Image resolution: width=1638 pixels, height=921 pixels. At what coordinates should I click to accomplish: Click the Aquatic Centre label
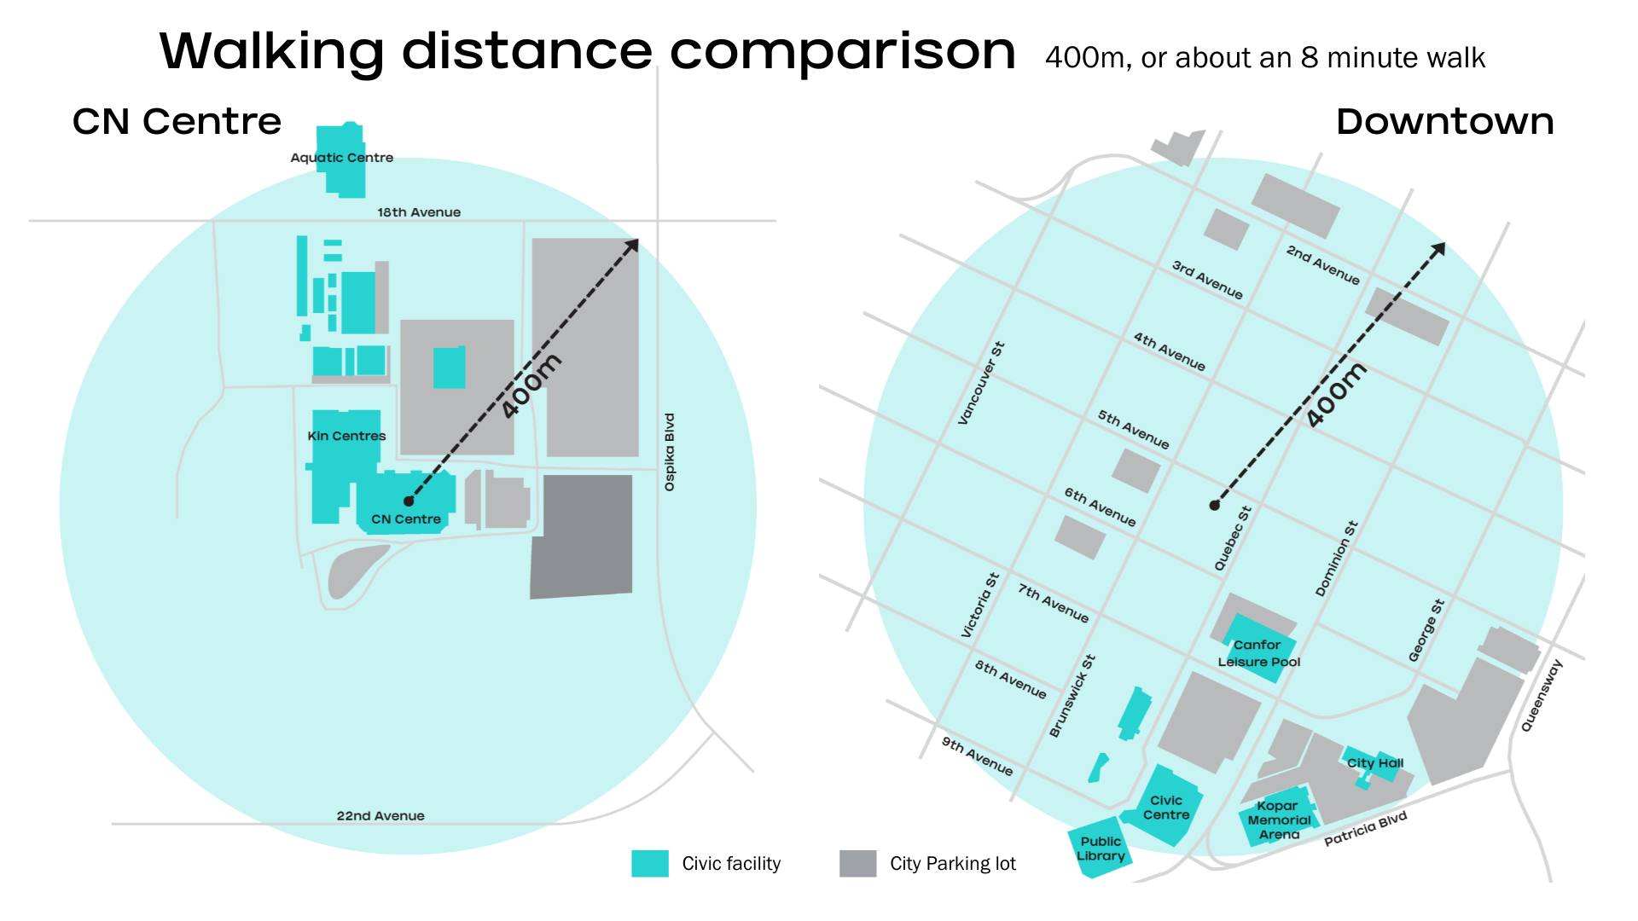click(x=341, y=158)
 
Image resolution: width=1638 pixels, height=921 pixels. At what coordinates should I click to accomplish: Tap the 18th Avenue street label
click(x=419, y=212)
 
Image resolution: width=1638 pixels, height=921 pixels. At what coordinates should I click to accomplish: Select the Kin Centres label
click(x=346, y=436)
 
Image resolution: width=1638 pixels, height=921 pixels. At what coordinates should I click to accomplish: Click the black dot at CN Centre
click(x=409, y=501)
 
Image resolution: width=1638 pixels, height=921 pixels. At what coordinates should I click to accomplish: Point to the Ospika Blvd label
click(x=670, y=452)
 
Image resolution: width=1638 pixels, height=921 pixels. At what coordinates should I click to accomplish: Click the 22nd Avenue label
click(x=380, y=816)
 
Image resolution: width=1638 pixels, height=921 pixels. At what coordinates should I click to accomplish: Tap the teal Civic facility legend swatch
click(x=650, y=863)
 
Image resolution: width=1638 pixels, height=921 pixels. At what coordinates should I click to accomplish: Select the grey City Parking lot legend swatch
click(x=857, y=863)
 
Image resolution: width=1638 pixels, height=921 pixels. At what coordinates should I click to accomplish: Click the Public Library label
click(x=1101, y=849)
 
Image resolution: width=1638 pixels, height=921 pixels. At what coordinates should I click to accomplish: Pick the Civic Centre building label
click(x=1166, y=808)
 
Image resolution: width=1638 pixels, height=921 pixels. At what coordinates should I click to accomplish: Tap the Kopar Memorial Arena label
click(x=1279, y=820)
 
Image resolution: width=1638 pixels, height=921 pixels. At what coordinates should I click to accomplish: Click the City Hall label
click(x=1374, y=763)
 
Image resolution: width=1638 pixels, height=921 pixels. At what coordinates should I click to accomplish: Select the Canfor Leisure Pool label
click(x=1258, y=653)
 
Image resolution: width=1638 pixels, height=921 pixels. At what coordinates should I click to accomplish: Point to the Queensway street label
click(x=1542, y=695)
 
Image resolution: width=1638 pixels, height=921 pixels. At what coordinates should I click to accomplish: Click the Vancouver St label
click(x=981, y=383)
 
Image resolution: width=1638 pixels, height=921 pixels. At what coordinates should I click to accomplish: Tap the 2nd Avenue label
click(x=1322, y=265)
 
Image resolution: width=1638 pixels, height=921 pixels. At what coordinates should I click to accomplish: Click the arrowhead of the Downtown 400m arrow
click(x=1440, y=247)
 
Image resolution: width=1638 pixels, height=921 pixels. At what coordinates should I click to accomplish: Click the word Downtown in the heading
click(x=1444, y=122)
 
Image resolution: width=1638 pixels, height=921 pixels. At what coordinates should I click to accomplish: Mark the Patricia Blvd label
click(x=1365, y=829)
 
